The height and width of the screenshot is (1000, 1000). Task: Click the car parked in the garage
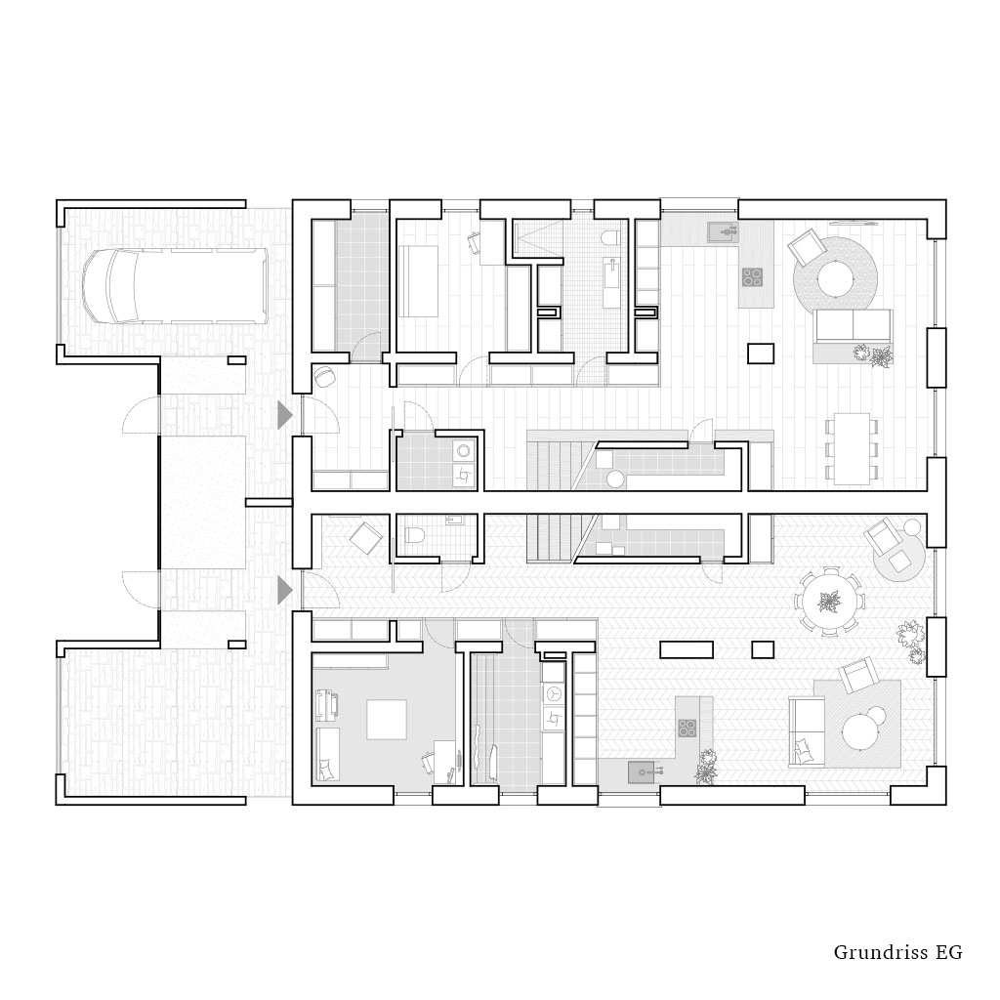click(x=176, y=286)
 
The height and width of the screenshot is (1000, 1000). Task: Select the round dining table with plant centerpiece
click(x=830, y=601)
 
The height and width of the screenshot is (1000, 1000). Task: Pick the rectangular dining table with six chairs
click(x=852, y=447)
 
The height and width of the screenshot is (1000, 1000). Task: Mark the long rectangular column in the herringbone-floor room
click(x=687, y=649)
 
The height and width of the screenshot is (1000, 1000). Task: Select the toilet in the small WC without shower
click(x=413, y=534)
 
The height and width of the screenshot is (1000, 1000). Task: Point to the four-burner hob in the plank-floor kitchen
click(x=753, y=276)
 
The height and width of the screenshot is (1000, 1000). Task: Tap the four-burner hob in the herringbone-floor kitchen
click(x=687, y=728)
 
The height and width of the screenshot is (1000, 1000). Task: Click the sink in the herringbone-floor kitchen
click(x=643, y=772)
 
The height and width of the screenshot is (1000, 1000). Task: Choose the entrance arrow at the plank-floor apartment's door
click(x=284, y=415)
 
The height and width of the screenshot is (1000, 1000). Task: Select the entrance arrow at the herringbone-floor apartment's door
click(x=284, y=591)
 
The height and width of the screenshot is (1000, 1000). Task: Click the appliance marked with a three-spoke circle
click(x=553, y=693)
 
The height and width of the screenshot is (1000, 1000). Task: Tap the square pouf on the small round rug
click(x=899, y=562)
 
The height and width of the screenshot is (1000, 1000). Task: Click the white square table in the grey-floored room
click(x=387, y=719)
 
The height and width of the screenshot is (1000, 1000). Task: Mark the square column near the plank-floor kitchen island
click(x=762, y=353)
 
